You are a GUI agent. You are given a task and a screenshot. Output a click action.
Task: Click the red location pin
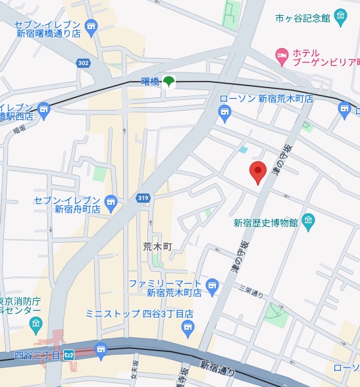coord(258,172)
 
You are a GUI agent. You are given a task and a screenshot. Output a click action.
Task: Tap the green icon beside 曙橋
coord(169,82)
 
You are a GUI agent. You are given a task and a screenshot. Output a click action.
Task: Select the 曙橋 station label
coord(151,82)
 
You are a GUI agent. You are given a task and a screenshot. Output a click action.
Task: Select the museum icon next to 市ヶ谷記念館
coord(340,16)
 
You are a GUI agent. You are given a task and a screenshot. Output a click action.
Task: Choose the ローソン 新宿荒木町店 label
coord(267,99)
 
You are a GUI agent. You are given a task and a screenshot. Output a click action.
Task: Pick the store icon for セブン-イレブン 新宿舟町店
coord(110,201)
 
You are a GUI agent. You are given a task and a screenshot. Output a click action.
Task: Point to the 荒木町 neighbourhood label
coord(157,246)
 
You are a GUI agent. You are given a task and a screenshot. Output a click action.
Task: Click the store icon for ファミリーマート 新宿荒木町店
coord(211,285)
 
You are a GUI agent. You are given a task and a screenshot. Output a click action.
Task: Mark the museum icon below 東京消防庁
coord(36,323)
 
